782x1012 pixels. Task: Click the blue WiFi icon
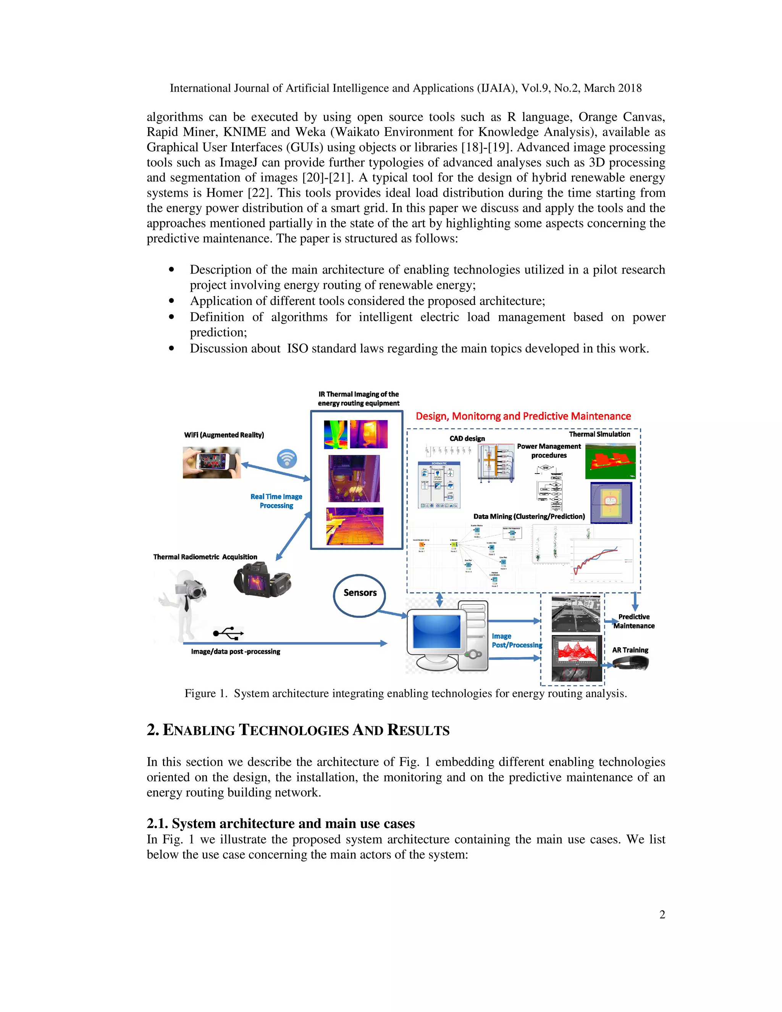tap(287, 459)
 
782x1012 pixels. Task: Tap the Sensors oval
tap(359, 595)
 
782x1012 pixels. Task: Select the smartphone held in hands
tap(212, 462)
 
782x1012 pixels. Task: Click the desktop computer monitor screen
tap(437, 631)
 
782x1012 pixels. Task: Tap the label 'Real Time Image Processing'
tap(276, 501)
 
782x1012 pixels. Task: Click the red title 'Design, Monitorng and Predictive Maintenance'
tap(523, 416)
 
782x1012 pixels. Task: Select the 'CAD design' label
tap(467, 438)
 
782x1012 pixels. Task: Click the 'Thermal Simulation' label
tap(599, 434)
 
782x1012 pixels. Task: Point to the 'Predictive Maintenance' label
tap(634, 621)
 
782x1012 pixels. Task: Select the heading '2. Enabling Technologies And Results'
tap(298, 730)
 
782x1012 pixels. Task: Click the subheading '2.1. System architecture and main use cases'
tap(280, 823)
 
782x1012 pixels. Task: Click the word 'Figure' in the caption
tap(200, 694)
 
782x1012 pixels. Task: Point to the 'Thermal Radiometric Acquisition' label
tap(205, 557)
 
